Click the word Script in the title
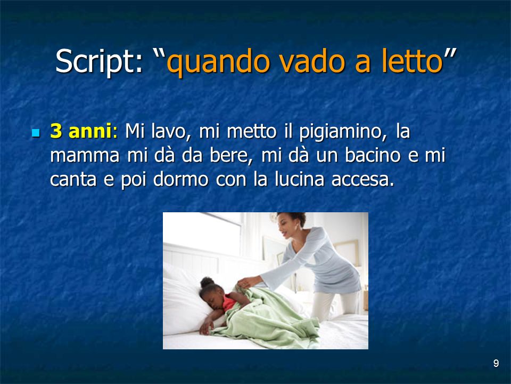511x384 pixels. [98, 61]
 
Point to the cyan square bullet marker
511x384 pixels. [36, 133]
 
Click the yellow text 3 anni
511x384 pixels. [81, 131]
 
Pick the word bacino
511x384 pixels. [372, 155]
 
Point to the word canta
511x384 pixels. [73, 180]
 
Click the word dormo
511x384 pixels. [180, 179]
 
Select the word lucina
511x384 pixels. [299, 179]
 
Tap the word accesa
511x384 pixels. [362, 180]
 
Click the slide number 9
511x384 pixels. [496, 363]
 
